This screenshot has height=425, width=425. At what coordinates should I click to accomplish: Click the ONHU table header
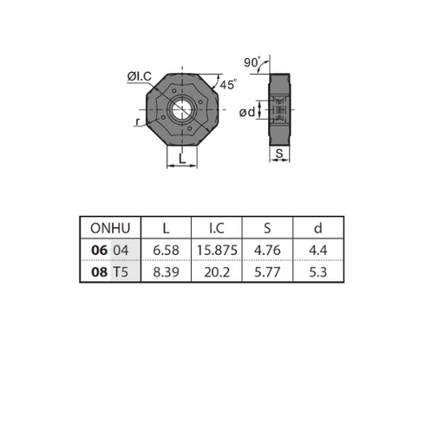click(110, 228)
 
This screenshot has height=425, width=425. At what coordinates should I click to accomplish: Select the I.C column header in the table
click(217, 228)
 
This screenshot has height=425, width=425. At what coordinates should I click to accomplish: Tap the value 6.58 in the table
click(166, 250)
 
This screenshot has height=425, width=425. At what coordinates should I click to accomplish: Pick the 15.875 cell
click(217, 250)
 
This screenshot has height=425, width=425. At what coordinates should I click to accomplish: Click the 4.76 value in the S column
click(267, 250)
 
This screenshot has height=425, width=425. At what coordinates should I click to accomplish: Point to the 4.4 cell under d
click(318, 250)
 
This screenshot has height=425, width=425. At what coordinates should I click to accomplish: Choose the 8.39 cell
click(166, 272)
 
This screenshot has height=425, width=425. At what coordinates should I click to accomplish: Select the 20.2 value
click(217, 272)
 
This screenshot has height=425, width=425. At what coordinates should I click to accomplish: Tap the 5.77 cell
click(267, 272)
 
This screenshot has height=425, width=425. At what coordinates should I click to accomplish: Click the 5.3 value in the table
click(318, 272)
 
